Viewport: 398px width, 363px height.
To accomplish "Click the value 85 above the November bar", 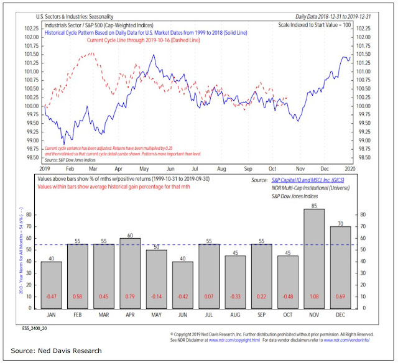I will point(314,204).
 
